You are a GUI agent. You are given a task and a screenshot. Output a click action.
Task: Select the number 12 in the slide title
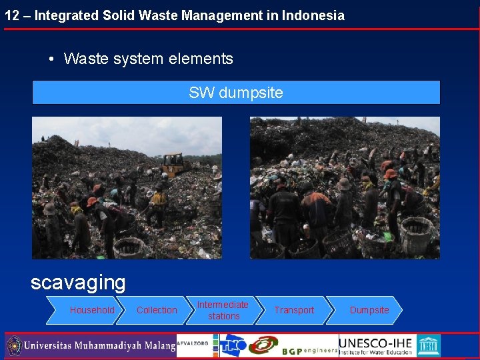[x=11, y=15]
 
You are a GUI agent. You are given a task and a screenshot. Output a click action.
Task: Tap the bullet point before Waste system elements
[x=51, y=59]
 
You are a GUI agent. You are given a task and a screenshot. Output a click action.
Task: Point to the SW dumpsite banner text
[x=236, y=93]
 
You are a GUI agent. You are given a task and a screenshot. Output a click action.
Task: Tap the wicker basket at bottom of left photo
[x=129, y=247]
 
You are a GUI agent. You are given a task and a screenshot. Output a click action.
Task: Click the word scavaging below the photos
[x=78, y=283]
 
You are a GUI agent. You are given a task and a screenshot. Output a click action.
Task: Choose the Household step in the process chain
[x=92, y=310]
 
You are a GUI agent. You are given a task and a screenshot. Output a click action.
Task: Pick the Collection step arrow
[x=157, y=310]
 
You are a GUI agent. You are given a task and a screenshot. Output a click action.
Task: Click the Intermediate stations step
[x=223, y=310]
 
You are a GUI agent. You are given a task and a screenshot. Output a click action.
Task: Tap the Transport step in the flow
[x=294, y=310]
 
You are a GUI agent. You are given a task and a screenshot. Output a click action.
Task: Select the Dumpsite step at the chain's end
[x=369, y=310]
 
